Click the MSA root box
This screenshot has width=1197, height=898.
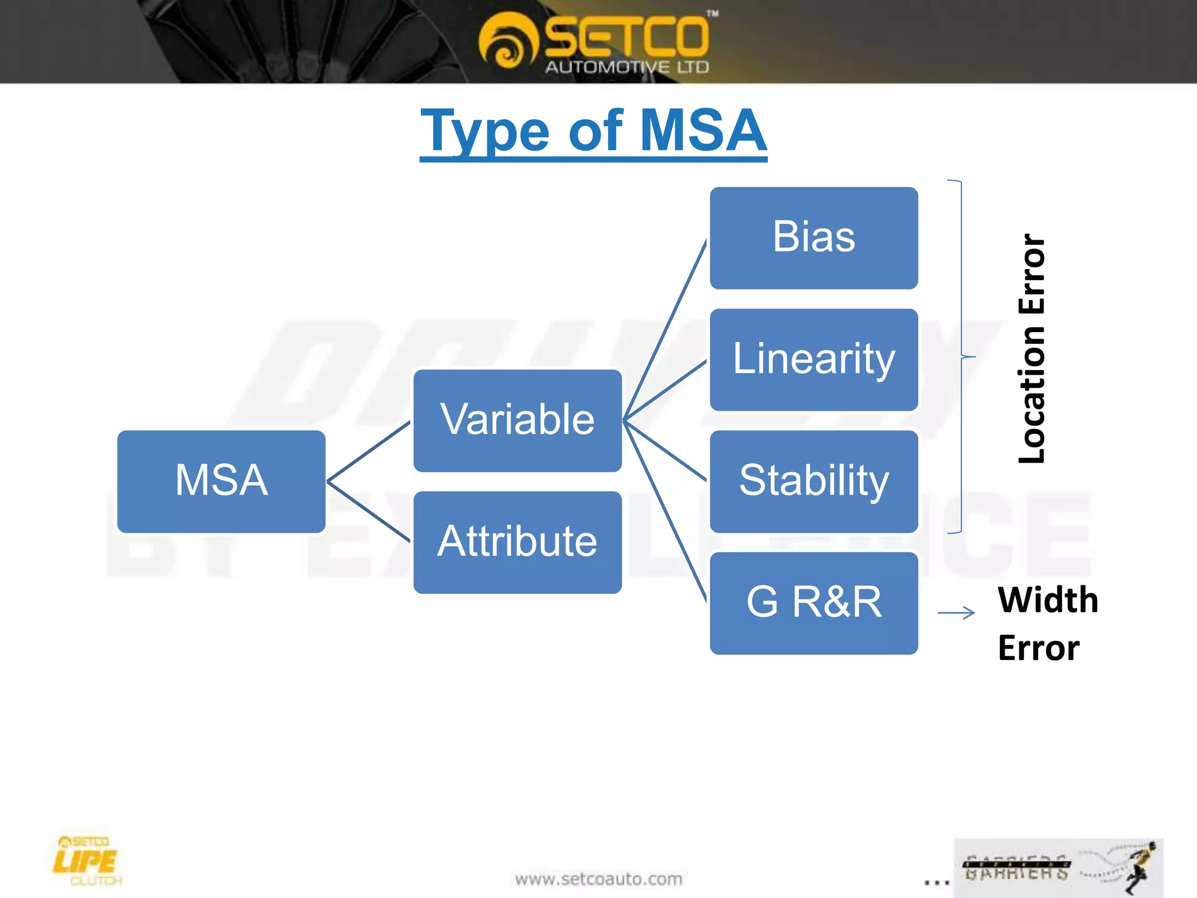click(221, 481)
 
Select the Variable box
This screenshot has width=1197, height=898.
click(517, 420)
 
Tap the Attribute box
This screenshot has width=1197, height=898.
click(517, 542)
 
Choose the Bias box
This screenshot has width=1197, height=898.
click(814, 238)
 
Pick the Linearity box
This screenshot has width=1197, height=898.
click(814, 360)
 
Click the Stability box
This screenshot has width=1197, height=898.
click(814, 481)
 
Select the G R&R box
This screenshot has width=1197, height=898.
click(814, 603)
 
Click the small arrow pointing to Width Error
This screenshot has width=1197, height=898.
click(956, 613)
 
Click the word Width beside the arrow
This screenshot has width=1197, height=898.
click(1047, 600)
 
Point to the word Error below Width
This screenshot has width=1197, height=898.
click(1039, 648)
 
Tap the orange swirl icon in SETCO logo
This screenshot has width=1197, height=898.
click(506, 41)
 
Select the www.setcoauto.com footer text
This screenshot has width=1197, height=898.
click(598, 879)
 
